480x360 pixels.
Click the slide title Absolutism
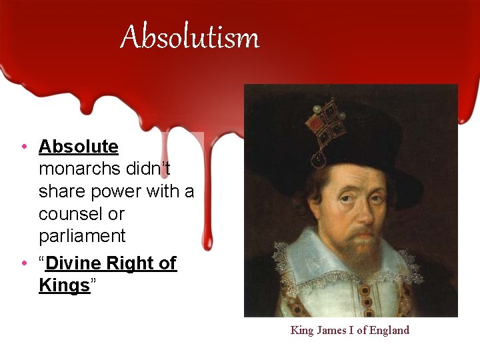(189, 37)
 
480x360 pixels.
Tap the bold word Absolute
(78, 147)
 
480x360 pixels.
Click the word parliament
(82, 236)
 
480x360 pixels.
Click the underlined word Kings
(64, 285)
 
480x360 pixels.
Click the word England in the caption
(389, 330)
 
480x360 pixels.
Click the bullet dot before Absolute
(23, 147)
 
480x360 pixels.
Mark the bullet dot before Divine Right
(23, 264)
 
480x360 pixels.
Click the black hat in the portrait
(373, 133)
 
